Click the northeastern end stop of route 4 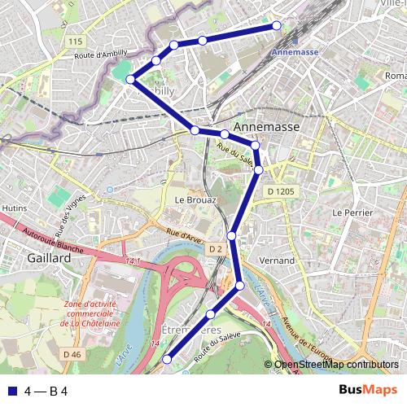(277, 25)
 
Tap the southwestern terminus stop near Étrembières (168, 359)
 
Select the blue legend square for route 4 (11, 391)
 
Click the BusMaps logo (368, 390)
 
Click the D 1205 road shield (280, 191)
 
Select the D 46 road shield (71, 353)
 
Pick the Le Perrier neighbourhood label (352, 212)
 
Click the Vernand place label (275, 260)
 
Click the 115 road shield (76, 41)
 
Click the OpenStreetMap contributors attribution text (335, 365)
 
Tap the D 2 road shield (215, 248)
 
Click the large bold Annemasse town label (266, 128)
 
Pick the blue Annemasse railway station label (292, 51)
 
